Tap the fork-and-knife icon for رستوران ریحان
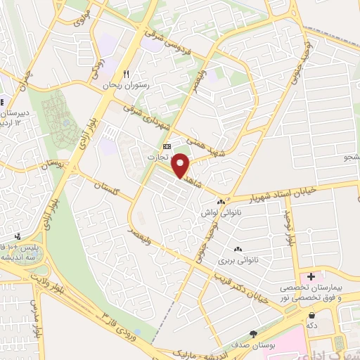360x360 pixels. point(127,74)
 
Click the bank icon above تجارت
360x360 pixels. point(166,146)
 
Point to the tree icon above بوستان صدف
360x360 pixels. point(253,334)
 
